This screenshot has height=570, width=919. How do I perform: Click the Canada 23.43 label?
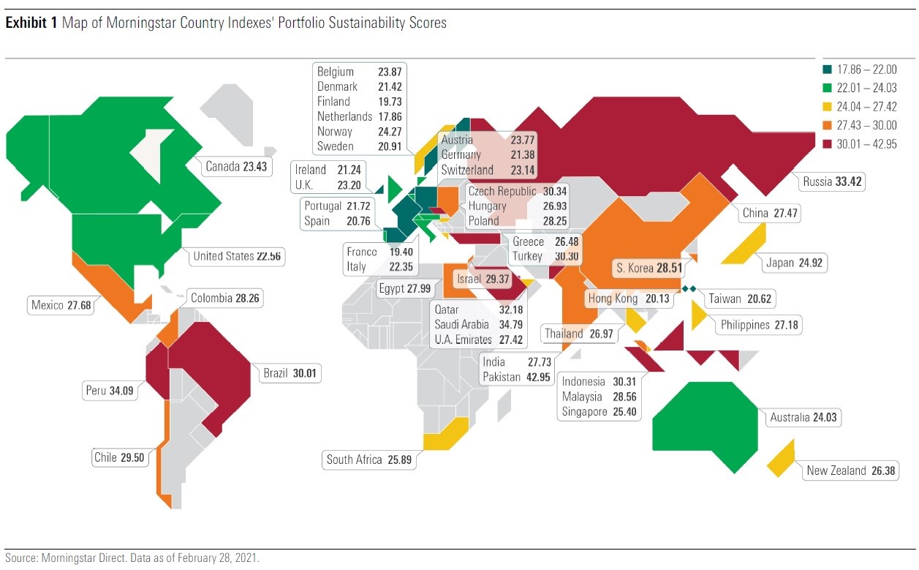click(x=235, y=167)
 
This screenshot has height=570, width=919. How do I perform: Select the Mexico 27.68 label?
click(x=61, y=304)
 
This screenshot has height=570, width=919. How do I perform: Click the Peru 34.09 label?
click(x=111, y=391)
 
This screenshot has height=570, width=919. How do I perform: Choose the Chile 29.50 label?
click(x=119, y=458)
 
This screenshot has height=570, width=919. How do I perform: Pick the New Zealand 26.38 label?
click(x=850, y=471)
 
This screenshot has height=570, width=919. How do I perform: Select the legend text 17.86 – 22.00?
click(x=868, y=70)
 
